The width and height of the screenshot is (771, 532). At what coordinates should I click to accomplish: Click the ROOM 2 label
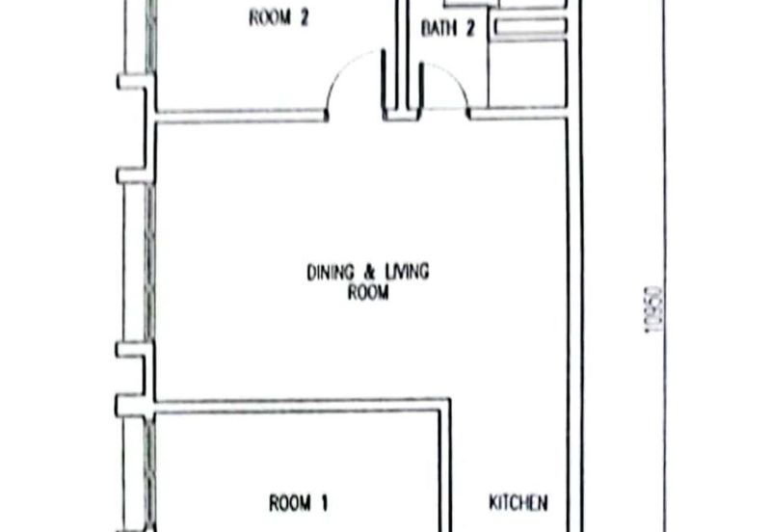(x=279, y=18)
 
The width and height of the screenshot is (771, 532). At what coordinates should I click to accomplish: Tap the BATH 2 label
(x=448, y=28)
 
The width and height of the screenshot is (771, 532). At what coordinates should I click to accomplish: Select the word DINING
(x=331, y=273)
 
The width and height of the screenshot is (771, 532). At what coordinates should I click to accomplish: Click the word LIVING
(x=407, y=272)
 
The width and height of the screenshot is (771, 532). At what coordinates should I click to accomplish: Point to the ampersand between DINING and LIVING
(x=369, y=273)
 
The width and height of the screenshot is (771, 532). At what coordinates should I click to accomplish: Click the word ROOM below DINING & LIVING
(x=368, y=293)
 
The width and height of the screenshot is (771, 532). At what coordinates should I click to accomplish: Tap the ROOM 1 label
(x=299, y=503)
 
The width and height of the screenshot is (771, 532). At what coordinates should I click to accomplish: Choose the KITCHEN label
(x=518, y=502)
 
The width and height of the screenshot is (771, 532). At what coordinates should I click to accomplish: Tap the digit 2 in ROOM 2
(x=304, y=18)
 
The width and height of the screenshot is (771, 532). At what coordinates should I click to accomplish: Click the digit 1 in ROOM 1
(x=324, y=503)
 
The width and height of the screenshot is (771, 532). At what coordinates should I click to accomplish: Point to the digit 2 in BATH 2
(x=470, y=28)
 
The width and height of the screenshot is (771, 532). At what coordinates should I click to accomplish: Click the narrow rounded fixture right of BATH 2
(x=531, y=27)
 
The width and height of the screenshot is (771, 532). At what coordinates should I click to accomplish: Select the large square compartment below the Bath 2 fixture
(x=526, y=74)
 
